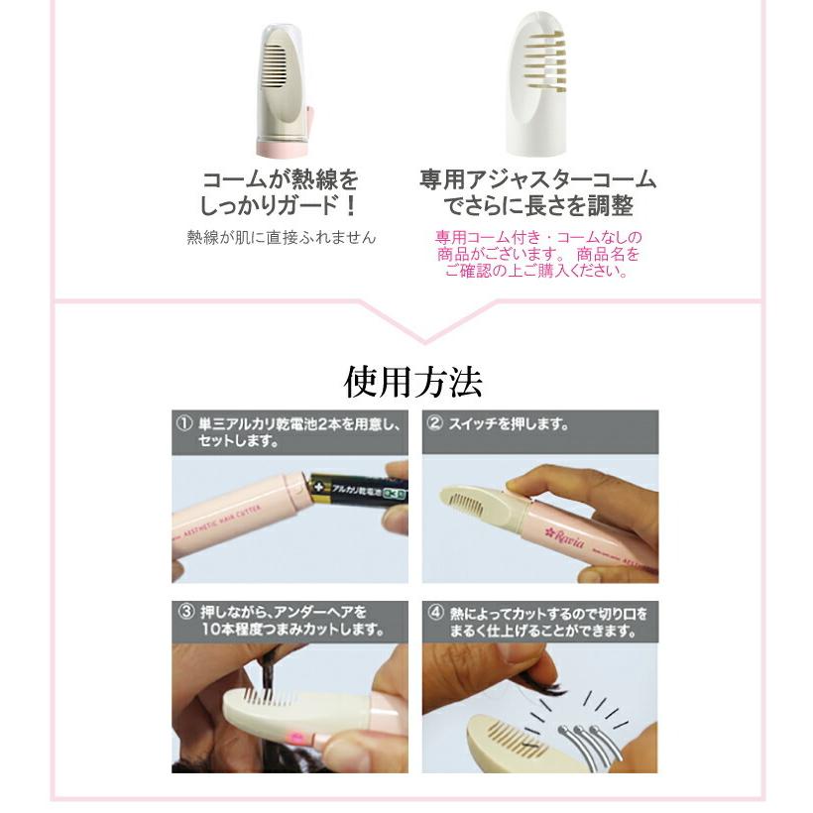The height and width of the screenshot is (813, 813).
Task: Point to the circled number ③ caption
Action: coord(184,611)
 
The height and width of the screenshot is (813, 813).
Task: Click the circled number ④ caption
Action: coord(434,612)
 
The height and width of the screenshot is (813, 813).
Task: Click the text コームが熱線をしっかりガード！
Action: coord(280,193)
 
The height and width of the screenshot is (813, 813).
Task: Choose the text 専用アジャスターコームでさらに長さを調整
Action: coord(537,193)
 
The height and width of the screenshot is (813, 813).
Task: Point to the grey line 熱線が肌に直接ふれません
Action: coord(282,238)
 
